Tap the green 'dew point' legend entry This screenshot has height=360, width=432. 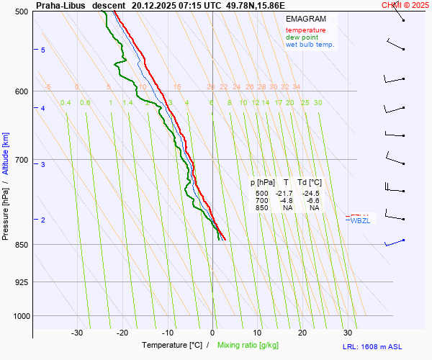coord(301,37)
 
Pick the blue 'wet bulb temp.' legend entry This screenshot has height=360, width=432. coord(310,45)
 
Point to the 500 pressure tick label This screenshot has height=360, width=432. coord(22,12)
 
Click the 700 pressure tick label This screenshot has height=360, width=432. coord(22,160)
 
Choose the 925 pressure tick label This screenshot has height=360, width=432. coord(22,282)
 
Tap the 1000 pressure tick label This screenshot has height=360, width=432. coord(19,315)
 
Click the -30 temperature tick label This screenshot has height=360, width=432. coord(77,333)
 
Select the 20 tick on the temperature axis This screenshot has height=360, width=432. coord(302,333)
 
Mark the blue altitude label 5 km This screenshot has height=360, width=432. coord(43,50)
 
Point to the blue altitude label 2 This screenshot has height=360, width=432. coord(43,220)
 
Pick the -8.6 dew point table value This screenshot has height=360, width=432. coord(314,201)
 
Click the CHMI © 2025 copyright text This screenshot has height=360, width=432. coord(406,5)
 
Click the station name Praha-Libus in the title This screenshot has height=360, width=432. coord(60,5)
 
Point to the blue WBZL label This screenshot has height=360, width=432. coord(359,220)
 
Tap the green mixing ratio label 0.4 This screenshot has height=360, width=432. coord(66,103)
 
